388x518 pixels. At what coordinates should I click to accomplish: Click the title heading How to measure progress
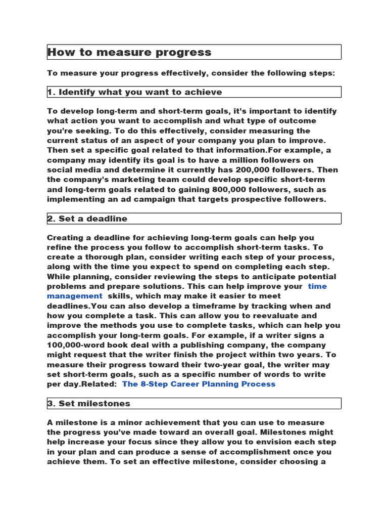(129, 52)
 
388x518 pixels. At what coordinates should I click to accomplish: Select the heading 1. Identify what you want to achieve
(134, 92)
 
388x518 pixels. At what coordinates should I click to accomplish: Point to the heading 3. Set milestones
(88, 404)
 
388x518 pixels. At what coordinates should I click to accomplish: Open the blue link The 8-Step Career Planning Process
(199, 384)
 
